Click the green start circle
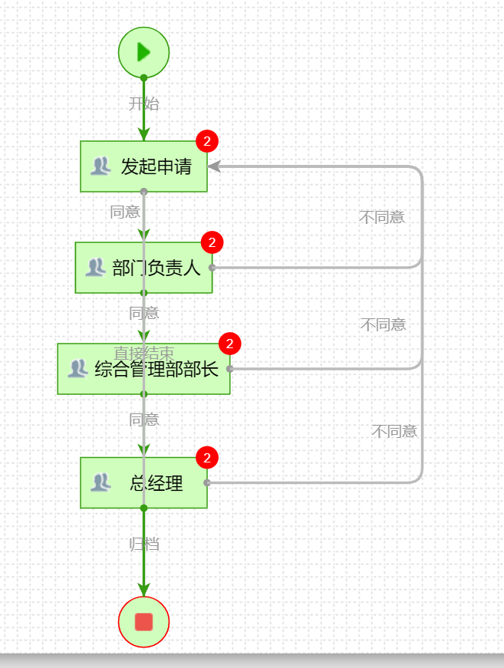(x=143, y=52)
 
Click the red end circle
(x=143, y=621)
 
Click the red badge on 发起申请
(x=207, y=141)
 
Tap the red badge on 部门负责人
(x=212, y=242)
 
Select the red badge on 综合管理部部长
(x=229, y=344)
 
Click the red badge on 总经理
(x=207, y=458)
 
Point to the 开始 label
(x=143, y=104)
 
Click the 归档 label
(x=143, y=545)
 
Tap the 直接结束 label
(x=143, y=353)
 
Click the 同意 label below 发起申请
(x=125, y=212)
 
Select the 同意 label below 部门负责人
(x=143, y=313)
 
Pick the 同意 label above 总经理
(x=143, y=420)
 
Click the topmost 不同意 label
(x=381, y=217)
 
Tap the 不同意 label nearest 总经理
(x=394, y=431)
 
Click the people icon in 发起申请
(x=100, y=166)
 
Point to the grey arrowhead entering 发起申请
(x=214, y=166)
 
